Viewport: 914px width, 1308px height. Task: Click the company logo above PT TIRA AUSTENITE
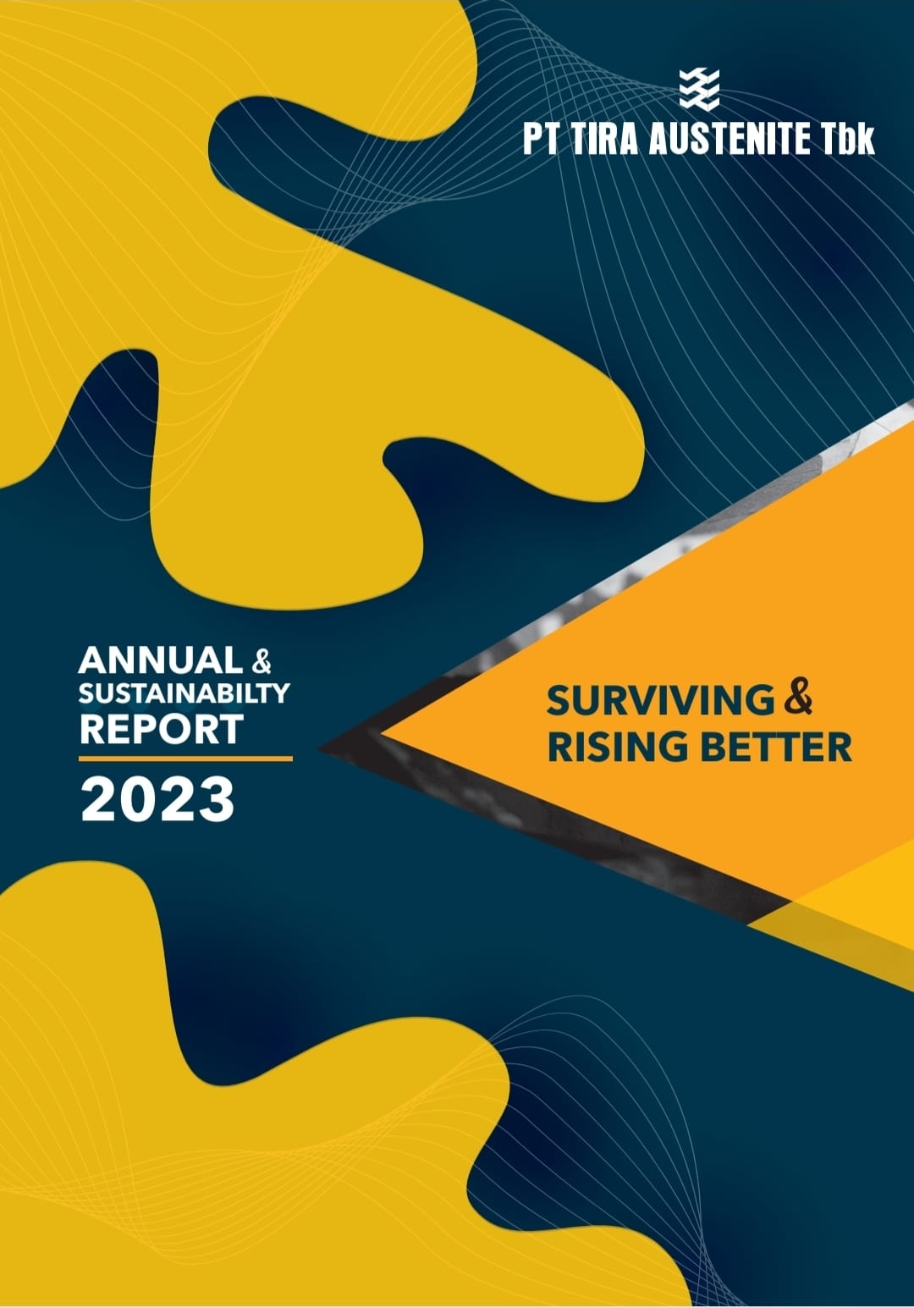[x=699, y=89]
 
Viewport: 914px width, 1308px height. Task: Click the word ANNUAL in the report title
[x=161, y=660]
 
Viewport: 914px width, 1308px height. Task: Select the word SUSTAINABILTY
[x=184, y=693]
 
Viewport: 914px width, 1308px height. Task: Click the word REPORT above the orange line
[x=161, y=728]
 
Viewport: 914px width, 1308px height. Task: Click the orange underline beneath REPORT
[x=185, y=759]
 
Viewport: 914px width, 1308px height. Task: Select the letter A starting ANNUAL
[x=93, y=660]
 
